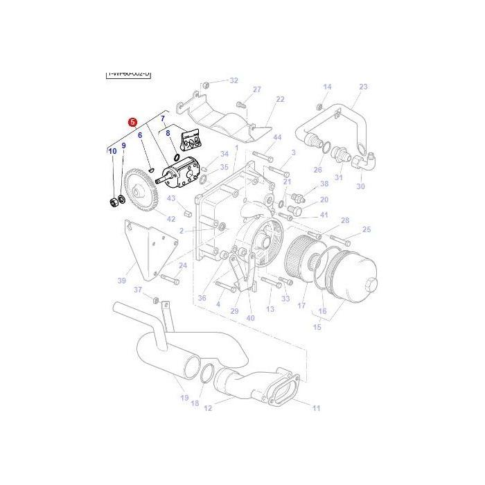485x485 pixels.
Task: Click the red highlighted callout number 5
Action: pyautogui.click(x=132, y=121)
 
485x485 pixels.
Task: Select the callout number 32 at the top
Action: pyautogui.click(x=233, y=80)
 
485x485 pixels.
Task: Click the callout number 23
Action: pyautogui.click(x=363, y=87)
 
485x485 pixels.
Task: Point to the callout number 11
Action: pyautogui.click(x=316, y=408)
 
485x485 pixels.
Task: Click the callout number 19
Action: pyautogui.click(x=184, y=397)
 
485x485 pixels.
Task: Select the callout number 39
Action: pyautogui.click(x=122, y=281)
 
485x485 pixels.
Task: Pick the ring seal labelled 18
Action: pyautogui.click(x=206, y=374)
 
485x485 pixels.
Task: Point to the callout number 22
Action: pyautogui.click(x=279, y=99)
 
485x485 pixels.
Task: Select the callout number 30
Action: pyautogui.click(x=360, y=186)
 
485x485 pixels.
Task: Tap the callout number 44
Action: pyautogui.click(x=277, y=138)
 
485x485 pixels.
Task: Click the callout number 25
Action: pyautogui.click(x=367, y=229)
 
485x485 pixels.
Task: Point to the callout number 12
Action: pyautogui.click(x=207, y=408)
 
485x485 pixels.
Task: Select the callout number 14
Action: pyautogui.click(x=327, y=87)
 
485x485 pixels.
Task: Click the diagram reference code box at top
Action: pyautogui.click(x=128, y=73)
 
